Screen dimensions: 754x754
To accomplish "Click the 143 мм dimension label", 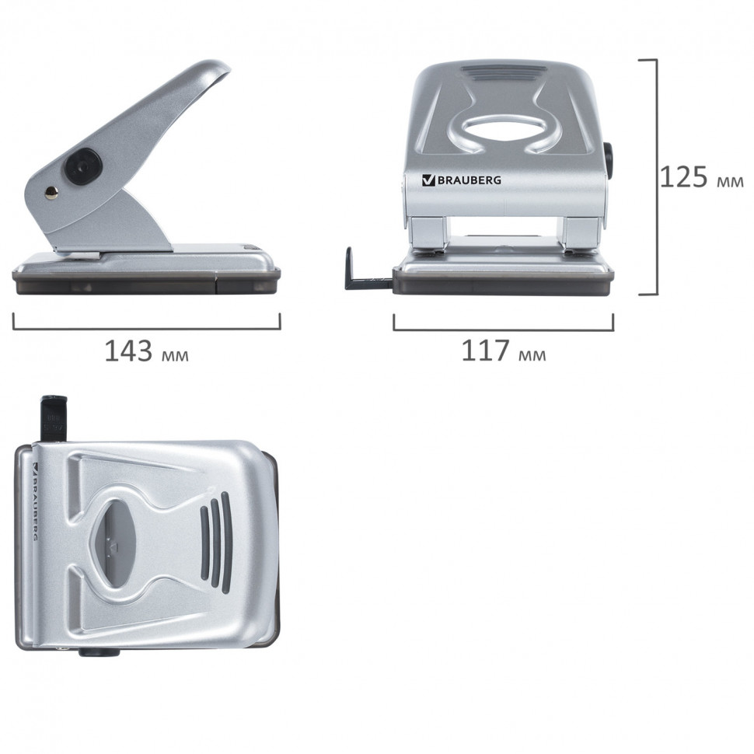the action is tap(147, 351).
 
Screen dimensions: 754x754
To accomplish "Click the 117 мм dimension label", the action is tap(504, 351).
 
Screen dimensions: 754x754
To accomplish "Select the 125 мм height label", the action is tap(702, 177).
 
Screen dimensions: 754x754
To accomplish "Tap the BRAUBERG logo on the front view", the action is tap(461, 180).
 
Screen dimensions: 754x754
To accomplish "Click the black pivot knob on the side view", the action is tap(83, 167).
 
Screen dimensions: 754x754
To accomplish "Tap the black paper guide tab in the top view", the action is tap(54, 417).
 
